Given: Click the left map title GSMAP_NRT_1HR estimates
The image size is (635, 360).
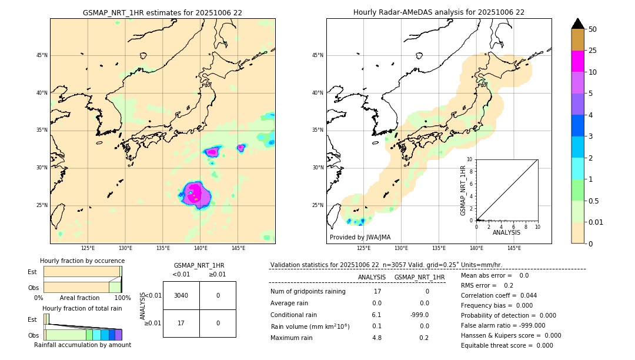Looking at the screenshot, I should [162, 12].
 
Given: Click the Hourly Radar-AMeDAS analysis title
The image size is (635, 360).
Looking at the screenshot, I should [439, 12].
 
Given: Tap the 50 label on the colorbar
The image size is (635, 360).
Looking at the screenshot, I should [593, 29].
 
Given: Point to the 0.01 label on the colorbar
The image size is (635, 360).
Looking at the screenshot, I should [596, 222].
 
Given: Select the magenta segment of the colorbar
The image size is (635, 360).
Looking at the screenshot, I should [577, 61].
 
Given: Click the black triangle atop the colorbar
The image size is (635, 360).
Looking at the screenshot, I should [577, 24].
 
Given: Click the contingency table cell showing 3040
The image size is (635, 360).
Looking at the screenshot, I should [181, 295].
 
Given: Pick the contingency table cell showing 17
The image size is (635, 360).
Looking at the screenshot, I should [181, 323].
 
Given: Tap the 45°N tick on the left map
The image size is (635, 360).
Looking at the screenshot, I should [42, 55].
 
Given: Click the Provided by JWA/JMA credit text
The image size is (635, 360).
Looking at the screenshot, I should [360, 237].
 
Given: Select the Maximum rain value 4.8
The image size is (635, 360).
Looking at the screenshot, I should [377, 338].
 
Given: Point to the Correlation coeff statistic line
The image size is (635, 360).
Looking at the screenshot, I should [499, 295].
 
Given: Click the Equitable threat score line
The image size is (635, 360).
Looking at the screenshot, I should [507, 345].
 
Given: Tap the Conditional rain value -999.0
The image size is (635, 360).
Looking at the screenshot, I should [419, 315].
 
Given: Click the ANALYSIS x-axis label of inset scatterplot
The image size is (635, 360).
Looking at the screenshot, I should [506, 233].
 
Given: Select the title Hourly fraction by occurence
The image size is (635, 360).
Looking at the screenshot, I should [82, 261].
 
